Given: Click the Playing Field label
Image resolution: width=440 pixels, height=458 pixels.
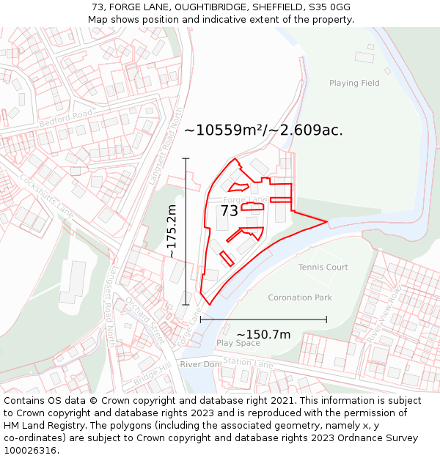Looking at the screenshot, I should coord(354,83).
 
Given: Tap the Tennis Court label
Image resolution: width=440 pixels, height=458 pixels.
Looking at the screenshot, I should coord(323,267).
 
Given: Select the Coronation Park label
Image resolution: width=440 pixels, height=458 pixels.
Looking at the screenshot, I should coord(300,298).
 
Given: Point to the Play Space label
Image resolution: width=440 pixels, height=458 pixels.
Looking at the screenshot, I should coord(238,343).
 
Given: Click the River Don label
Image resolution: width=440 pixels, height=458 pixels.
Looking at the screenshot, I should coord(200,364).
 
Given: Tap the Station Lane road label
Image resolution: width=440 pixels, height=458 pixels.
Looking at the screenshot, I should coord(247,361).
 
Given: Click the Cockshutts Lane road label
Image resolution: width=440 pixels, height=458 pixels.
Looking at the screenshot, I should coord(47,193).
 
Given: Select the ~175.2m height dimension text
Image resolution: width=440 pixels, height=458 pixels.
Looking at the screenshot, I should coord(172,232).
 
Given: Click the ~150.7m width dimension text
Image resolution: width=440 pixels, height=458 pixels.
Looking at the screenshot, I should coord(263,335).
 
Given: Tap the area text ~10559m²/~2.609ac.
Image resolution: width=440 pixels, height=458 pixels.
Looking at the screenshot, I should coord(263,130).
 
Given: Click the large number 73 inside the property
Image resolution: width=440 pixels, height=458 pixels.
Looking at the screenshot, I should coord(230,211).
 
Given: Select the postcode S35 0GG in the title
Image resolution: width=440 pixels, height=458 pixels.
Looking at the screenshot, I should coord(326,7).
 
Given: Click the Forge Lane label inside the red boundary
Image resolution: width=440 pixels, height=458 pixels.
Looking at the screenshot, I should coord(244,199).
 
